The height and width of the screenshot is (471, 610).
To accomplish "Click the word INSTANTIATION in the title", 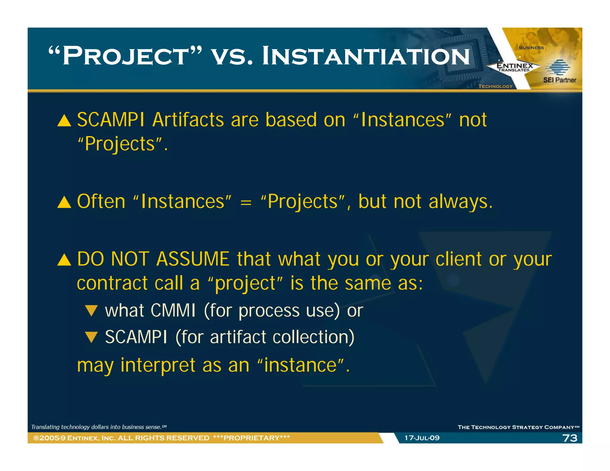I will click(x=366, y=57).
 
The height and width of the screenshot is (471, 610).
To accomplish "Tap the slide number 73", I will click(x=569, y=438).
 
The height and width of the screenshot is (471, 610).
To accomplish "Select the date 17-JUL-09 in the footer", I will click(x=422, y=438).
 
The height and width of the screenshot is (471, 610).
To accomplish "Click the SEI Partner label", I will click(x=559, y=80).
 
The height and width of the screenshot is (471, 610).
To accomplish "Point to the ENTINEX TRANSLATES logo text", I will click(x=514, y=67).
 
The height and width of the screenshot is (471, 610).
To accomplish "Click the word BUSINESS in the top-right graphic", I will click(x=531, y=48).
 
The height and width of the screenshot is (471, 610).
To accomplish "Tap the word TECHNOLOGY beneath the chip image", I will click(x=495, y=86).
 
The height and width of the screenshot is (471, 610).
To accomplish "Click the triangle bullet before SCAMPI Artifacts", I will click(x=64, y=121).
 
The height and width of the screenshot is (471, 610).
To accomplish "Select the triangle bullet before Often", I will click(x=64, y=202).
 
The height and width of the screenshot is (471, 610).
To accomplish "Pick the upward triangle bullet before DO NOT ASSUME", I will click(x=64, y=260).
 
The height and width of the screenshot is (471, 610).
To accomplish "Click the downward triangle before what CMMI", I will click(x=91, y=311).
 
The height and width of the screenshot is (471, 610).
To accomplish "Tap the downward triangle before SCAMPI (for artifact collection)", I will click(x=91, y=337).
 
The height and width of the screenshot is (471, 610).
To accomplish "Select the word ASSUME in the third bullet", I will click(x=193, y=259).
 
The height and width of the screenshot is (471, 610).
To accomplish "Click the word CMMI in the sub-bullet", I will click(x=173, y=311).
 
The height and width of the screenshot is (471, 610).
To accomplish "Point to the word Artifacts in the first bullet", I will click(x=188, y=120).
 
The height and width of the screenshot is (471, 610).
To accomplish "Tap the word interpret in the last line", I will click(x=158, y=365).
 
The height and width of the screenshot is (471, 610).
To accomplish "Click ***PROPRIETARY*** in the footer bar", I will click(x=251, y=438).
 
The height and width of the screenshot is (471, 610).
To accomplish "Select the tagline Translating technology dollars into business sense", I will click(x=99, y=427).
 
